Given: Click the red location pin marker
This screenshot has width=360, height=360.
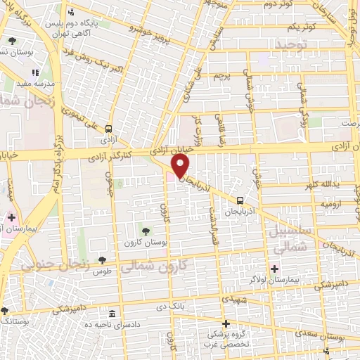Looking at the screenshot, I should [x=181, y=166].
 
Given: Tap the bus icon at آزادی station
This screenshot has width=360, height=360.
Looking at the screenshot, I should [x=108, y=129].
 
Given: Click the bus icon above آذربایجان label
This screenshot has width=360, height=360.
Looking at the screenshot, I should [x=240, y=199].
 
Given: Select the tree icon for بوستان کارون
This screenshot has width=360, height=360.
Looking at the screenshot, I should [x=146, y=230].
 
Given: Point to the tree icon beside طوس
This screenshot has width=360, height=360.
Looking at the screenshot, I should [x=103, y=260].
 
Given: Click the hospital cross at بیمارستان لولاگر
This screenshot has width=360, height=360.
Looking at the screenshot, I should [x=274, y=268].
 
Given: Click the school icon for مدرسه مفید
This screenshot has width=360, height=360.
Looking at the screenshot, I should [x=35, y=72].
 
